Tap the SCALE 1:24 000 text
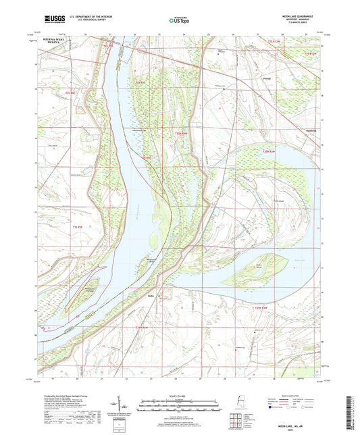[x=180, y=394]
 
